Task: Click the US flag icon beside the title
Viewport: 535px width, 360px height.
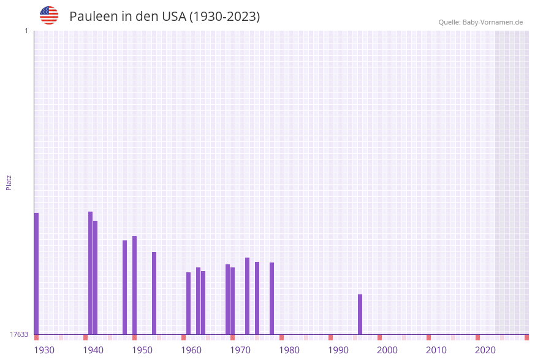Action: [49, 15]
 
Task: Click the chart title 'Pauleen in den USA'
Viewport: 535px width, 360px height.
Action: [164, 17]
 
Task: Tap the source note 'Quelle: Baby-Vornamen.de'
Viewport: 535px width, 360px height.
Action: [480, 22]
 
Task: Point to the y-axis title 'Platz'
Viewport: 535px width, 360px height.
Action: [9, 182]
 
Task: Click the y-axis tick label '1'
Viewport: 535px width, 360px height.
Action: [26, 31]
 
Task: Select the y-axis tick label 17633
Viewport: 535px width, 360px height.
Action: [19, 334]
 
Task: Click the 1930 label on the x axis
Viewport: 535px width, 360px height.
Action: [44, 350]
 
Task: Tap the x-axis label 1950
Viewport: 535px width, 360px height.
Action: [142, 350]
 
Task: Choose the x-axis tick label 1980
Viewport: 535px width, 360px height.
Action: [289, 350]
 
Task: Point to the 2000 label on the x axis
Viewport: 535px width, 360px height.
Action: [387, 350]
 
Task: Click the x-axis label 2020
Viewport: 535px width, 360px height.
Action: [485, 350]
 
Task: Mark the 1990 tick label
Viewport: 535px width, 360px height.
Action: [338, 350]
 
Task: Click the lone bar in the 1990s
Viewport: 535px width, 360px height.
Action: [360, 314]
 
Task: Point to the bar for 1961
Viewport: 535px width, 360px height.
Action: [188, 303]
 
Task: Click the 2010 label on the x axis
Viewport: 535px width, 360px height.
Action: [436, 350]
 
